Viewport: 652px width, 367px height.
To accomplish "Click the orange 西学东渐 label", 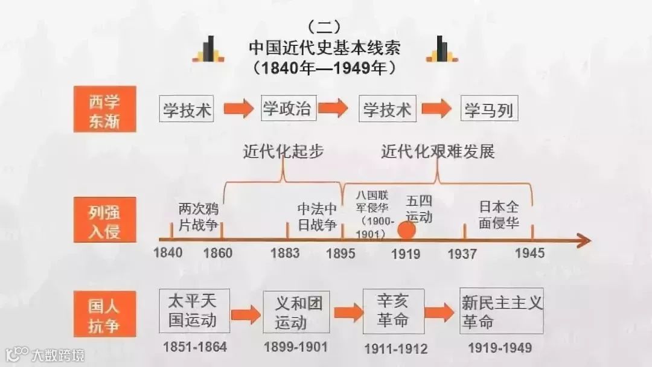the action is point(104,109).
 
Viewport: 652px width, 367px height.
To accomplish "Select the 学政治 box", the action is point(287,109).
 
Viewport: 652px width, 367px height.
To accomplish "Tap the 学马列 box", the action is point(488,109).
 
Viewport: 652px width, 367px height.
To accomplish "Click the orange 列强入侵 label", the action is point(104,220).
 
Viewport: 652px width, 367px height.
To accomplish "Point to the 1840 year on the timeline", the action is point(168,253).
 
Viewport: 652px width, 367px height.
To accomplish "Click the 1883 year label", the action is point(285,253).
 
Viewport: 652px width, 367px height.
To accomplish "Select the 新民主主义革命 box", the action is point(502,311).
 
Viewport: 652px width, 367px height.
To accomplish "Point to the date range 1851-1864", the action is point(194,347).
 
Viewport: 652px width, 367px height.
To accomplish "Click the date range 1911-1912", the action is point(396,348).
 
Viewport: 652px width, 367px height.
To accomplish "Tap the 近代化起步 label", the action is point(283,152).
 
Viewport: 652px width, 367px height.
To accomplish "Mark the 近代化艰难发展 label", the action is point(438,152).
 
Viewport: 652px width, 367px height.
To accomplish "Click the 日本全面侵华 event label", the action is point(499,214).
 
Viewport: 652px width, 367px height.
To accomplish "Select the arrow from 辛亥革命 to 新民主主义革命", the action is point(439,313).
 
